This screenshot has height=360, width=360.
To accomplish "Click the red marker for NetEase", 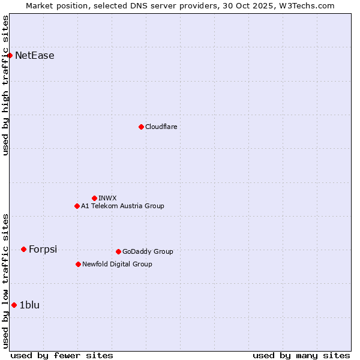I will coord(10,56).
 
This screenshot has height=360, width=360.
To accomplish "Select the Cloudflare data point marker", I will coord(141,127).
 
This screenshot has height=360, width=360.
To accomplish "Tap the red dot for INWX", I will coord(94,198).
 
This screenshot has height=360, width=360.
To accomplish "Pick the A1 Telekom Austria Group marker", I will coord(77,206).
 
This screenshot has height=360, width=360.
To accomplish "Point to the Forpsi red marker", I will coord(23,249).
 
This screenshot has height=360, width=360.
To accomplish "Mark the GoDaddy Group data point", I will coord(118,251).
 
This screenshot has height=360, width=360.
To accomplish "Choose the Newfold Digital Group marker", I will coord(78,264).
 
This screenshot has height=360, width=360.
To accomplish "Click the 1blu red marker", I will coord(14,305).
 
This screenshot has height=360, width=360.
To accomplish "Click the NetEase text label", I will coord(35,56).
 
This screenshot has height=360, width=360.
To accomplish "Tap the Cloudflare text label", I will coord(161,127).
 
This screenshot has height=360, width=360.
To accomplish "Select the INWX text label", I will coord(107,198).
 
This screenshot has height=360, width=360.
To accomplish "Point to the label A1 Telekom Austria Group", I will coord(122,206).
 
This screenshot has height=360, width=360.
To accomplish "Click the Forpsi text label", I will coord(43,249).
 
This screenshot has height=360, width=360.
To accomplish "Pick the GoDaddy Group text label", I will coord(148,251).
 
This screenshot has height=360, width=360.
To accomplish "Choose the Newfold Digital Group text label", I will coord(117,264).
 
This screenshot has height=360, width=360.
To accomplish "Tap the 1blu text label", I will coord(29,305).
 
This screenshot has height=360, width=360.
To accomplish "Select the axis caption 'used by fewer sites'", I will coord(62,355).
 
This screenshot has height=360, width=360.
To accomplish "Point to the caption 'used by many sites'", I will coord(301,355).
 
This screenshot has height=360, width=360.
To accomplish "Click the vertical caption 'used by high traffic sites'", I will coord(6,85).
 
